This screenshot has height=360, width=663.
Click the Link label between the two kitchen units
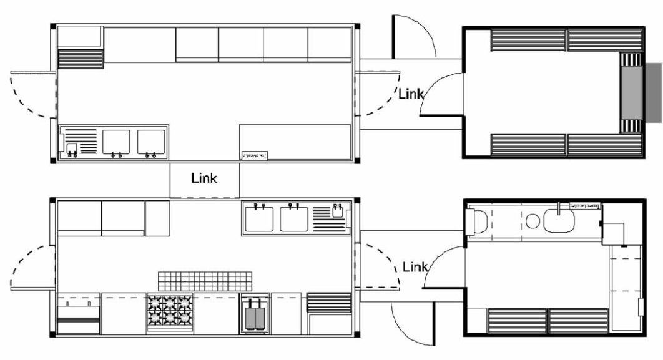pyautogui.click(x=204, y=178)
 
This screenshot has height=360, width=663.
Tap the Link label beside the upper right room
pyautogui.click(x=411, y=94)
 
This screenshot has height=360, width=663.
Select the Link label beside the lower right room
pyautogui.click(x=415, y=267)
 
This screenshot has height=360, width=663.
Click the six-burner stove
pyautogui.click(x=170, y=312)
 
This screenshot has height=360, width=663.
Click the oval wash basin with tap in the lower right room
pyautogui.click(x=559, y=220)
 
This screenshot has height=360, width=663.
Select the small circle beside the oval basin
pyautogui.click(x=533, y=221)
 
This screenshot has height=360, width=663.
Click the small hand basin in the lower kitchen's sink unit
pyautogui.click(x=338, y=211)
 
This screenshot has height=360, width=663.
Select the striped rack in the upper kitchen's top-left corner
pyautogui.click(x=81, y=59)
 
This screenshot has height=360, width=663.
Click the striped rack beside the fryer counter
pyautogui.click(x=329, y=302)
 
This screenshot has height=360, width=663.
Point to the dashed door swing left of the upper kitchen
pyautogui.click(x=28, y=94)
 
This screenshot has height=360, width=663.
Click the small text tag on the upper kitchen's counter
pyautogui.click(x=255, y=154)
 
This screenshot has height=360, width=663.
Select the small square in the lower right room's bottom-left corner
pyautogui.click(x=476, y=319)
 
